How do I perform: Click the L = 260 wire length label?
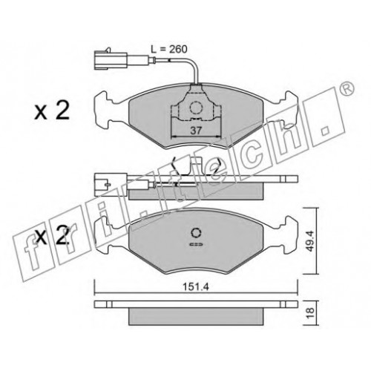point(169,50)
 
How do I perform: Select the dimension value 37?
point(196,131)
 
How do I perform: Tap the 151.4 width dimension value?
point(196,287)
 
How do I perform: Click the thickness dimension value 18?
point(310,312)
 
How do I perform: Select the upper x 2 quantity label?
point(52,111)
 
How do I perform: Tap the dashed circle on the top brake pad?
point(196,108)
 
